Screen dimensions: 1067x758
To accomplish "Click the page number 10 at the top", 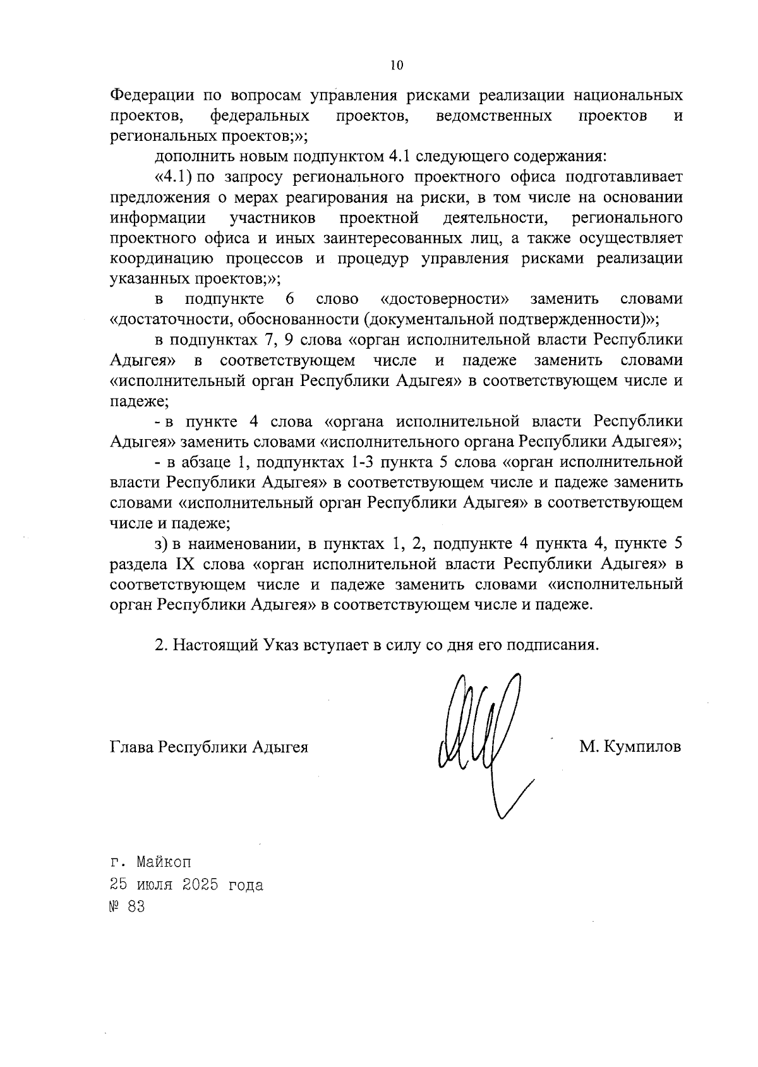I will (397, 65).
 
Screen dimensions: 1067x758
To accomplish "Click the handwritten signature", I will (480, 739).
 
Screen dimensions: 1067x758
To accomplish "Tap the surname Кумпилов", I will (642, 747).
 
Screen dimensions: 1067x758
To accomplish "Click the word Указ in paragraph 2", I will (280, 646).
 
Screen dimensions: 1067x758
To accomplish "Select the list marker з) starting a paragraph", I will (160, 543).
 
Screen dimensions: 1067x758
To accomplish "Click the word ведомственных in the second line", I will (494, 116).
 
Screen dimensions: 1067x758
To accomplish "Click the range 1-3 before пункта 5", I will (360, 462).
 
